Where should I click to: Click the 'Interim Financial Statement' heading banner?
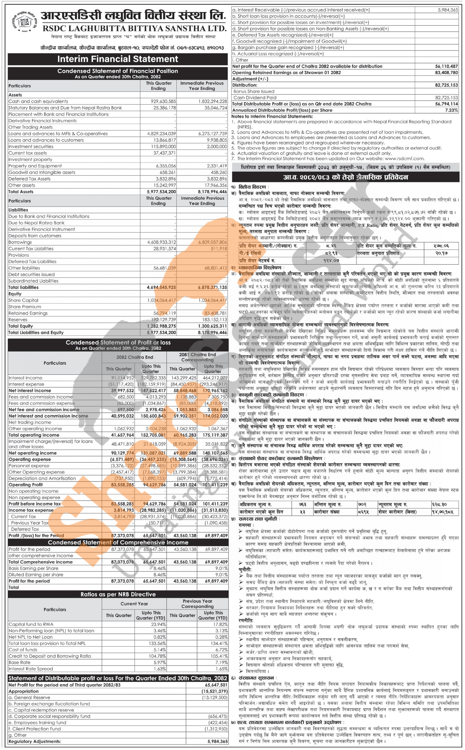(118, 59)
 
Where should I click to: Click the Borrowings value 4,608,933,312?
(161, 242)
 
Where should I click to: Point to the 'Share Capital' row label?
(23, 300)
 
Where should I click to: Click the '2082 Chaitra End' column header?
(134, 357)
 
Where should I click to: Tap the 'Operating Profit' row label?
(26, 485)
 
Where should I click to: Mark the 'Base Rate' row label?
(19, 662)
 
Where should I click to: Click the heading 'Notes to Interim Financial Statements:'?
(272, 116)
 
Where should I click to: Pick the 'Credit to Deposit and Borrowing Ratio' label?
(50, 656)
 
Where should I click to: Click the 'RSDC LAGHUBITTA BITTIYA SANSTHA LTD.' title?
(134, 29)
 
